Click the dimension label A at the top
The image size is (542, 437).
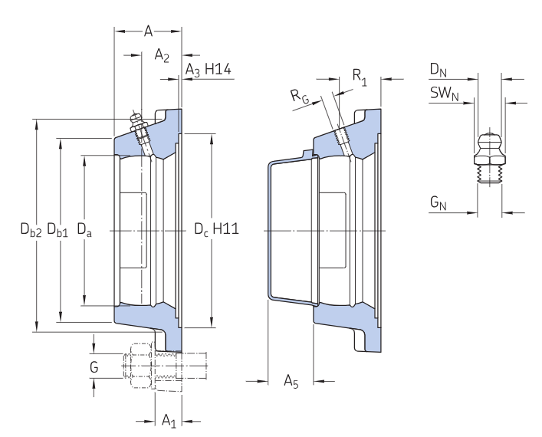pos(149,31)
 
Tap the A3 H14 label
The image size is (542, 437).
pos(208,71)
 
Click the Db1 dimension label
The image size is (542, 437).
pos(57,228)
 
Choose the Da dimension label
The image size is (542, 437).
pos(84,228)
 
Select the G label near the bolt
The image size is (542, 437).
pos(94,367)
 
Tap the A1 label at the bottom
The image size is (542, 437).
pos(169,420)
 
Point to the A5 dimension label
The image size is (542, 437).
pos(291,379)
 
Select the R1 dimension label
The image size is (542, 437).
pos(359,76)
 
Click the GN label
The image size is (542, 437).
pos(438,203)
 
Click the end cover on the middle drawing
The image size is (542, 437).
pos(290,230)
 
